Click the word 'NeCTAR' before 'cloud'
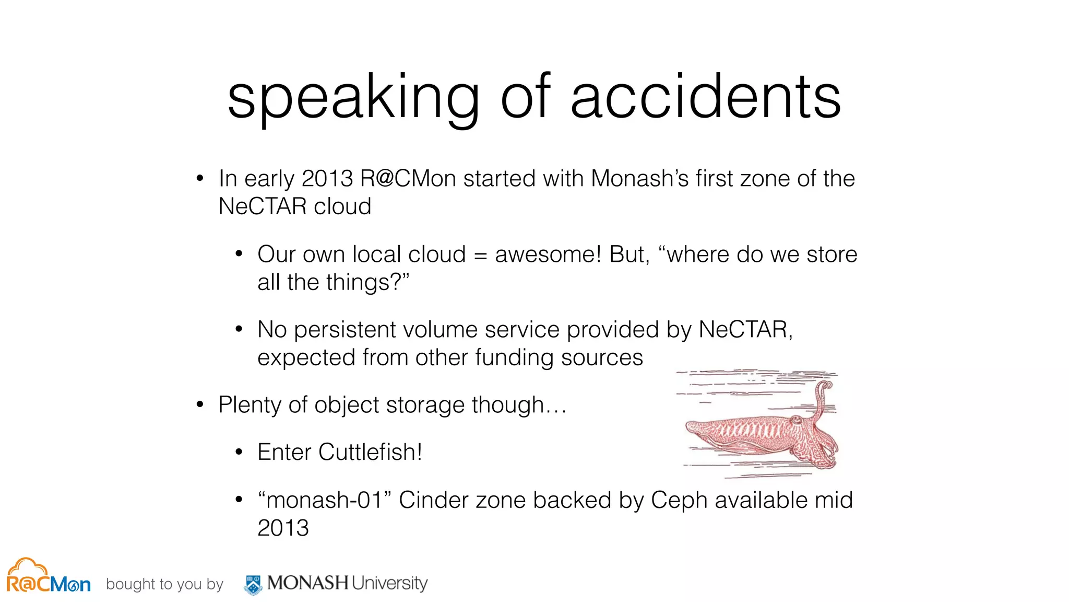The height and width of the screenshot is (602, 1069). click(x=263, y=206)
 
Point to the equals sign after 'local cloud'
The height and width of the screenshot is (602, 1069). click(x=480, y=256)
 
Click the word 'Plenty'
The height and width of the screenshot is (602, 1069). click(x=250, y=406)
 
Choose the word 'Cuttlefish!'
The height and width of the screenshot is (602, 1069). click(x=370, y=452)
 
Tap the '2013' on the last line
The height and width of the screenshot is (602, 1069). click(x=283, y=528)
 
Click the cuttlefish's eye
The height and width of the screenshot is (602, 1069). click(x=796, y=420)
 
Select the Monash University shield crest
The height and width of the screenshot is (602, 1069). click(x=254, y=584)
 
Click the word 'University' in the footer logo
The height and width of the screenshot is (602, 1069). click(x=389, y=583)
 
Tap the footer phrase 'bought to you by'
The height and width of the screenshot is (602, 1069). click(x=164, y=584)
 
